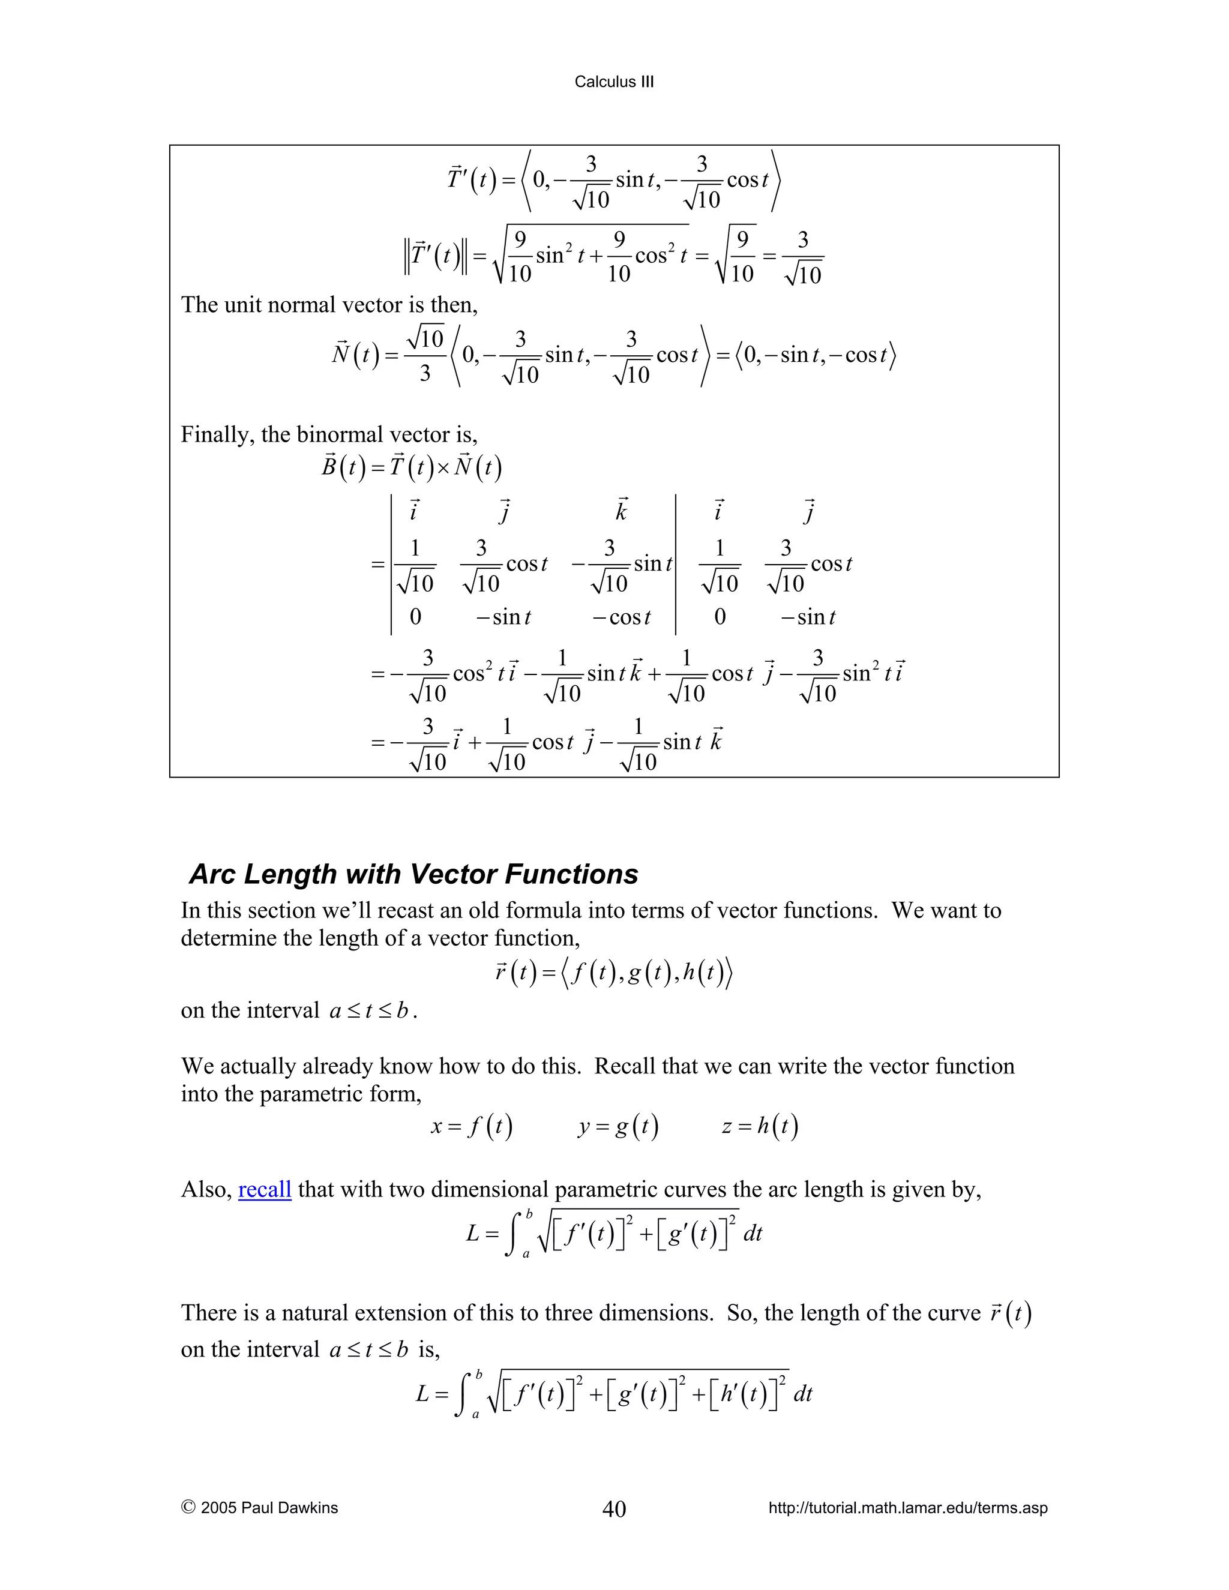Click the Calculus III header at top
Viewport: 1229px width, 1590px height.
614,82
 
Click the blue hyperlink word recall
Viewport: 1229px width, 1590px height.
264,1189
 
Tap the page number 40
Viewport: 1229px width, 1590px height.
614,1508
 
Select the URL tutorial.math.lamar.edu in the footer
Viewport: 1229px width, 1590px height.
907,1508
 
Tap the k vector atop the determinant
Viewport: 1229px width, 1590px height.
621,512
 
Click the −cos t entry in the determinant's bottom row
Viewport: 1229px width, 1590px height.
621,617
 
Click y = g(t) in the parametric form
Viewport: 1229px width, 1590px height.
618,1127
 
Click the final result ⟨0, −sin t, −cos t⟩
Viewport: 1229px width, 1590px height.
816,356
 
